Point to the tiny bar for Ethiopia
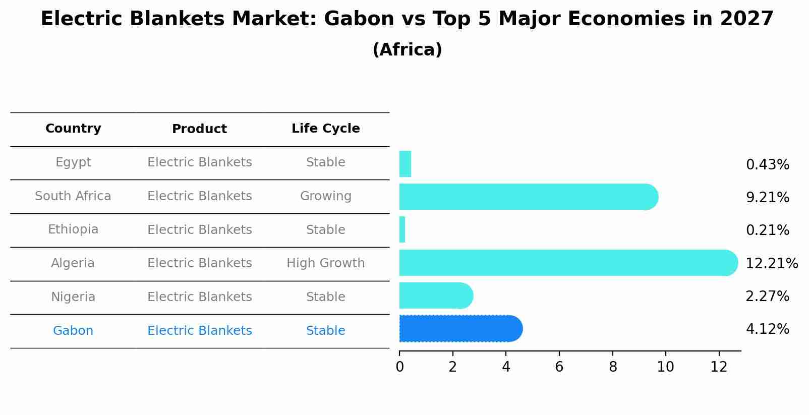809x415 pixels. click(x=402, y=230)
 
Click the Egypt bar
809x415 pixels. click(x=405, y=164)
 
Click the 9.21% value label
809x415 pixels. click(x=767, y=198)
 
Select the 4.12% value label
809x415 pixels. click(x=767, y=329)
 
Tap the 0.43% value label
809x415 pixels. click(x=767, y=165)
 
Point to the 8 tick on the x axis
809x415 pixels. click(x=613, y=367)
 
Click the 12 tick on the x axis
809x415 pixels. click(x=719, y=367)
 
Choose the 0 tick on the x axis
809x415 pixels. click(x=399, y=367)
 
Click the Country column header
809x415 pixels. click(x=73, y=129)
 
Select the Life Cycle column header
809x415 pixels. click(x=325, y=129)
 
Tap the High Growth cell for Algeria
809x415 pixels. click(x=325, y=263)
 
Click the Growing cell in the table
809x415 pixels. click(x=325, y=196)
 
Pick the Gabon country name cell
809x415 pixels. click(x=73, y=331)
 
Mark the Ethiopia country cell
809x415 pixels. click(x=73, y=229)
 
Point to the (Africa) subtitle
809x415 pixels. click(x=407, y=50)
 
